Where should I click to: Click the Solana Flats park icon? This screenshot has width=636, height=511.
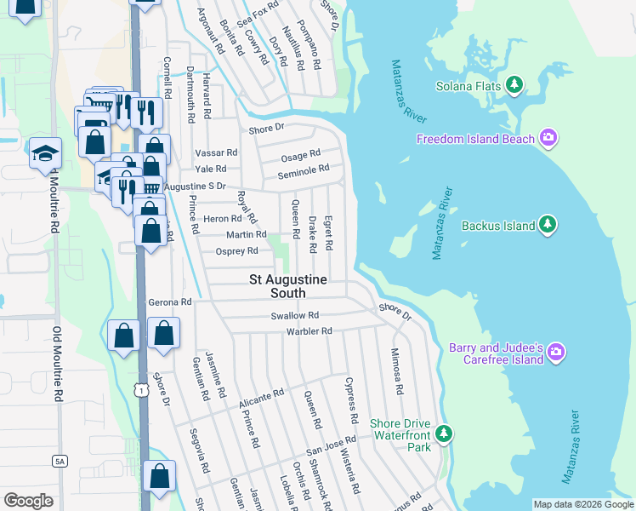[x=514, y=85]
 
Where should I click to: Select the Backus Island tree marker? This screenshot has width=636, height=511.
[x=548, y=225]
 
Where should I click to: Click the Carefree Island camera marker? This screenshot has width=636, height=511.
[x=556, y=352]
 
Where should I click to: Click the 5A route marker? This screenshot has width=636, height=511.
[x=59, y=461]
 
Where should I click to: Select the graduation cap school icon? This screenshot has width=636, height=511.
[x=45, y=153]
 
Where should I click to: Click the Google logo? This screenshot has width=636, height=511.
[x=28, y=500]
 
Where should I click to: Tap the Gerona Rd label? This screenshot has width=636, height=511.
[x=170, y=301]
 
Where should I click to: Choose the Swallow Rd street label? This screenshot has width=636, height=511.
[x=294, y=315]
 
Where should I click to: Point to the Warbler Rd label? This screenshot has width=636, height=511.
[x=309, y=331]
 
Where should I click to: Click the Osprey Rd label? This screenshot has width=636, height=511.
[x=236, y=251]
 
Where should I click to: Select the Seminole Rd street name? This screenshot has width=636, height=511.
[x=304, y=169]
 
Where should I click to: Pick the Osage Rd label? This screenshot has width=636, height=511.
[x=301, y=154]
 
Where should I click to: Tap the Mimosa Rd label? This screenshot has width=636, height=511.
[x=395, y=370]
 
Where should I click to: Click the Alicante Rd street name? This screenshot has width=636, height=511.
[x=261, y=397]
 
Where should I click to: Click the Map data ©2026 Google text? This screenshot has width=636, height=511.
[x=582, y=504]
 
